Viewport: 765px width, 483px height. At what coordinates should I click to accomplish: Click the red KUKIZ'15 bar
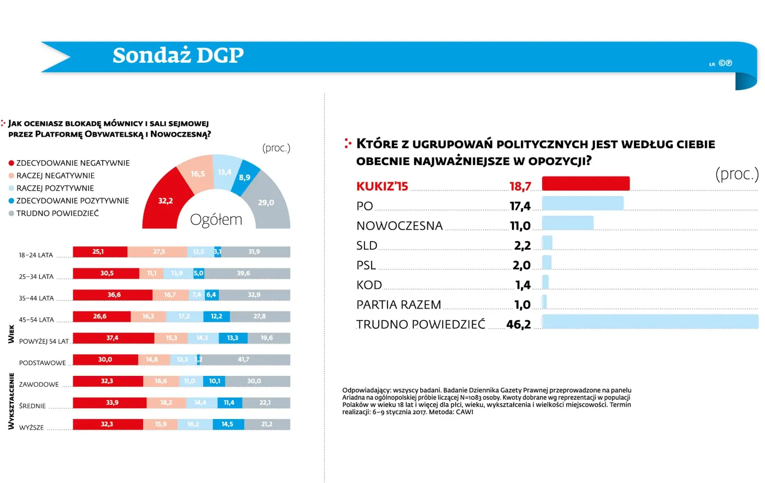coord(585,184)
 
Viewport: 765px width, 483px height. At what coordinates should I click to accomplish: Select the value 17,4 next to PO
coord(520,206)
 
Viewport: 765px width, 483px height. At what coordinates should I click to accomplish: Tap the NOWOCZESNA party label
coord(399,226)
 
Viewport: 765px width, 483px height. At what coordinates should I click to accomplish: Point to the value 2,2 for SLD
coord(522,246)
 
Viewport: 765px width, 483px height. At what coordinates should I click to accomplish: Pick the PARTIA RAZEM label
coord(398,305)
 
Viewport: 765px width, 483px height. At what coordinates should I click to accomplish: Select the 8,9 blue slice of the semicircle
coord(244,177)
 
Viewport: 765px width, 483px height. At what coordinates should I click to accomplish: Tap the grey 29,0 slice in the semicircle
coord(266,202)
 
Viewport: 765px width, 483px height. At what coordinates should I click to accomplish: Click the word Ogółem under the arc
coord(216,220)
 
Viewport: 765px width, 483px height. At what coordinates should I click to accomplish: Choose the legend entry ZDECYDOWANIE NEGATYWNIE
coord(73,163)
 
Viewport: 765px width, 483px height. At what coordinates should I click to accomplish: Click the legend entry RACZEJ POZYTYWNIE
coord(55,188)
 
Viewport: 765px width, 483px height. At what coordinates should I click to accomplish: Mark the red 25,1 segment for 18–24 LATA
coord(99,252)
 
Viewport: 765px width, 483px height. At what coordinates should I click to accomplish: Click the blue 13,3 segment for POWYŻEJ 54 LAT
coord(233,338)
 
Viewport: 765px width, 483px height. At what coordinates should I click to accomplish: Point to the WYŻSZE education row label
coord(31,427)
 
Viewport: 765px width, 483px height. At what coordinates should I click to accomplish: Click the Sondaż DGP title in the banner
coord(178,55)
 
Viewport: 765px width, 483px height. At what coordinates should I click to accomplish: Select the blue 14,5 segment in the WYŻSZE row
coord(227,425)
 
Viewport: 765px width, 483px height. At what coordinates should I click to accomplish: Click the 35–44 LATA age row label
coord(36,298)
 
